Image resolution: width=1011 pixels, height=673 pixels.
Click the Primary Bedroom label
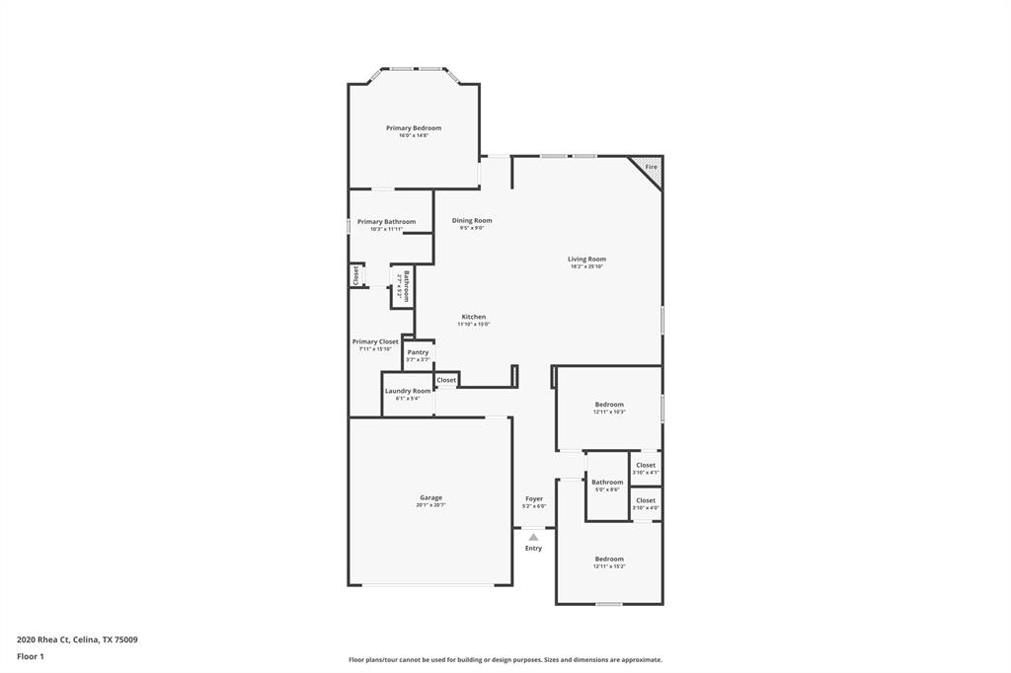(413, 128)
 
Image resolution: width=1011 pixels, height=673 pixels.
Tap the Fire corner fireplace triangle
(653, 167)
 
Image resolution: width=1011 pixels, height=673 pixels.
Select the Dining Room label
(472, 221)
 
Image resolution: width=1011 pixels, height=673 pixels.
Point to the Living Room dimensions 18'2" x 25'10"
(586, 266)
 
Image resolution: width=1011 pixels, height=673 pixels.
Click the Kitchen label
(474, 317)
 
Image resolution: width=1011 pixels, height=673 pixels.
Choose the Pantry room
(418, 354)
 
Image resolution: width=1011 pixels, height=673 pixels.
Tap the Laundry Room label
(408, 391)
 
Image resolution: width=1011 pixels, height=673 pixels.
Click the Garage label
(430, 498)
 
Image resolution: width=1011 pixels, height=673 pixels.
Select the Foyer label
(534, 499)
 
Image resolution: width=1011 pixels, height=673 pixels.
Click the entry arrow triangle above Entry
(534, 537)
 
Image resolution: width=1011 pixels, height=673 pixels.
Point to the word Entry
(533, 549)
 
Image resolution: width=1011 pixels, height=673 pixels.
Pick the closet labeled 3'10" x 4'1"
(646, 468)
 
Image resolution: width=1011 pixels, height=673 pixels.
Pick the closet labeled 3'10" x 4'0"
(646, 503)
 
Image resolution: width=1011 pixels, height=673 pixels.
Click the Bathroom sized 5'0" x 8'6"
(607, 485)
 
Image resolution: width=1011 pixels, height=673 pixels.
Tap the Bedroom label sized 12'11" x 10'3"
(609, 405)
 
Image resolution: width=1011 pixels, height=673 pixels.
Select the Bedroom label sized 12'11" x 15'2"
(609, 560)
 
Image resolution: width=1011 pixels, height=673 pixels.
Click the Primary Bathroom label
(386, 222)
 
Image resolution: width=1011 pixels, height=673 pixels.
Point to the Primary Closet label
(375, 341)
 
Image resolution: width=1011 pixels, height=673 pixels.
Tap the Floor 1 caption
(31, 655)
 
